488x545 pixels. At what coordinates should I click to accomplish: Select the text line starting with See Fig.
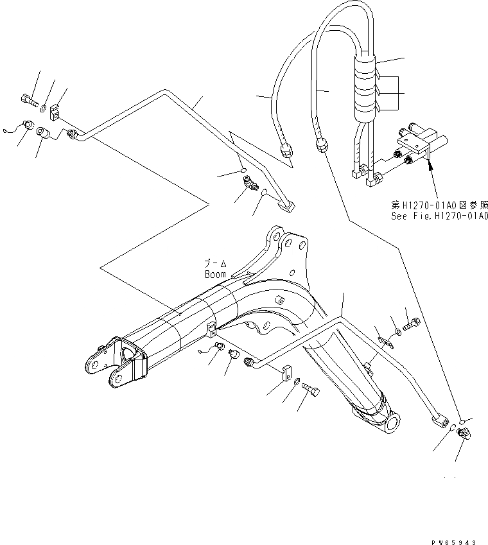pos(439,216)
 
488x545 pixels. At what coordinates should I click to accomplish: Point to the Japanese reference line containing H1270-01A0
pos(439,205)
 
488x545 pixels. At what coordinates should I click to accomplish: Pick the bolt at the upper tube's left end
pos(28,99)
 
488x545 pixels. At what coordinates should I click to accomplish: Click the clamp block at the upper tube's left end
pos(56,113)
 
